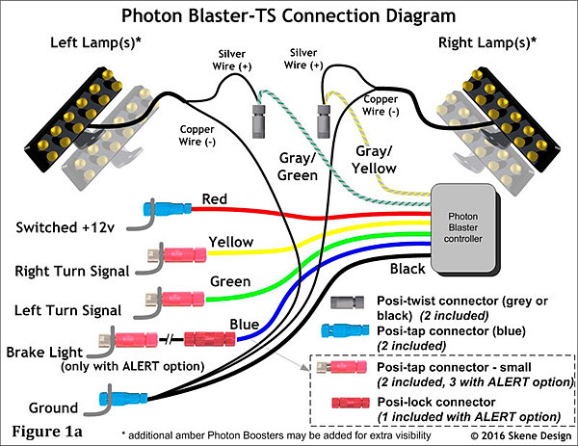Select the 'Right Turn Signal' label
67,273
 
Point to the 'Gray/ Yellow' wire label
374,159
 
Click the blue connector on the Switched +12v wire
164,208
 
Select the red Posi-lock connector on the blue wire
209,339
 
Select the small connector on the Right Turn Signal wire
174,255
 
